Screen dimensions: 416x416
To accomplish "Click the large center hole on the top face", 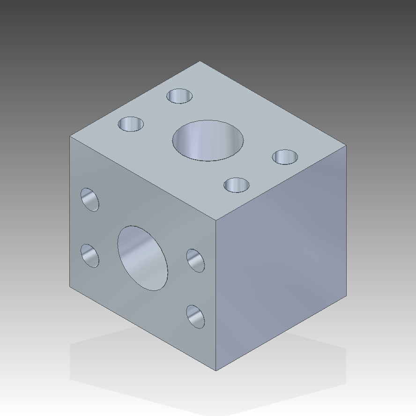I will [x=208, y=141].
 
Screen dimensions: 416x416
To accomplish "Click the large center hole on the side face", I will [x=142, y=258].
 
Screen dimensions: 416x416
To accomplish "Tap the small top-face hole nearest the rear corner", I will [x=179, y=96].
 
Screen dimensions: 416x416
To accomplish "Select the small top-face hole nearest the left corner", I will [x=131, y=124].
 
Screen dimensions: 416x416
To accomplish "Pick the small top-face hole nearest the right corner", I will [x=285, y=157].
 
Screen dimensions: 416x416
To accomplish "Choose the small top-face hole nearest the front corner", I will [x=237, y=185].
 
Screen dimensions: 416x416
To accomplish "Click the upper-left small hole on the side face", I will [x=90, y=200].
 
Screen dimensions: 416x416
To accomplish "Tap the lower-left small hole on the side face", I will [x=90, y=256].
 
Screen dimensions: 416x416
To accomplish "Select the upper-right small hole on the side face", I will [x=195, y=260].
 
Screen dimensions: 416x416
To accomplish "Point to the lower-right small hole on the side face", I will [x=195, y=317].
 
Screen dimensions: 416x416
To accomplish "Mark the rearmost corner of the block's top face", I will [x=200, y=61].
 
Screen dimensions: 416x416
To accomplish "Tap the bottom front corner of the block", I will [x=216, y=371].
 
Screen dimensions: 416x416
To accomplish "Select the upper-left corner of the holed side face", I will [x=70, y=136].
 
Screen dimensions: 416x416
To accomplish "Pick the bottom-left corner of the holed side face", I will [x=70, y=286].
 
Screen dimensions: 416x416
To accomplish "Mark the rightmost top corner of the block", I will [x=346, y=146].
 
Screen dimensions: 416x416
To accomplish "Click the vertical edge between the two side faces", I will [x=216, y=295].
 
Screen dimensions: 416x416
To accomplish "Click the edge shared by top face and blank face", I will [x=281, y=183].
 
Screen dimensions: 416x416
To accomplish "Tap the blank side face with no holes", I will [x=281, y=258].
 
